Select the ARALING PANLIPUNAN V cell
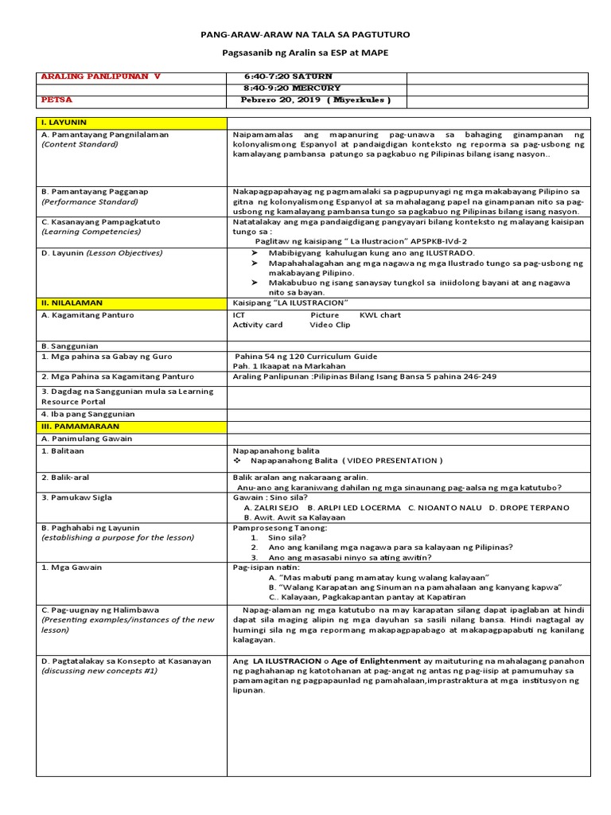coord(100,76)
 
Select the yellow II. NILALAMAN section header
coord(72,303)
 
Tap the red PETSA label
coord(56,100)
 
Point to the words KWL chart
coord(380,315)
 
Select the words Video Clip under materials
coord(329,325)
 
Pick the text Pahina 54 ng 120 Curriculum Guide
coord(306,357)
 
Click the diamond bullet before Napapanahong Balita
coord(237,461)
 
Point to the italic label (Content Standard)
coord(80,145)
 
